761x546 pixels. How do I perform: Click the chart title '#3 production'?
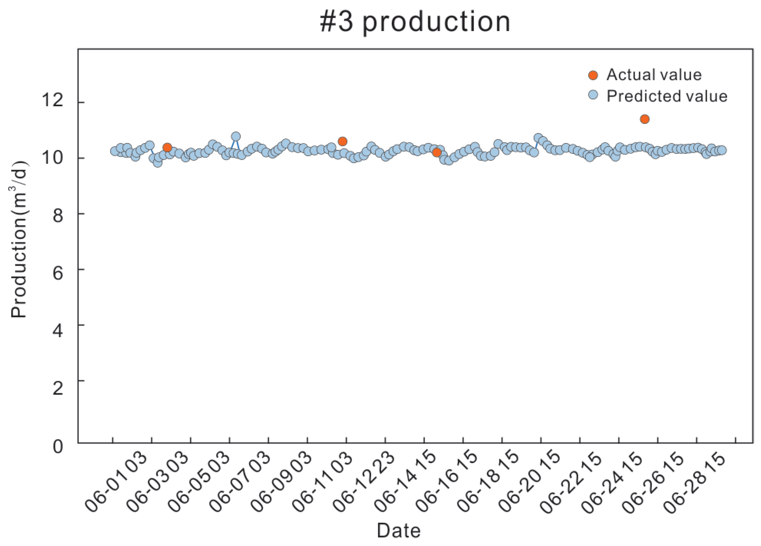pyautogui.click(x=415, y=22)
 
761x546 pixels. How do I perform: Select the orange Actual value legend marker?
pyautogui.click(x=593, y=75)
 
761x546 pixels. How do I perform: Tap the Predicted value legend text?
pyautogui.click(x=667, y=96)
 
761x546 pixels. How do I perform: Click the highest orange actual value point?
pyautogui.click(x=645, y=119)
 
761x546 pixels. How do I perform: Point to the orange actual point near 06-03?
pyautogui.click(x=167, y=147)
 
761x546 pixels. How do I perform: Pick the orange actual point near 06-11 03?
pyautogui.click(x=342, y=141)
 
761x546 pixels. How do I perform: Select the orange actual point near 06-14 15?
pyautogui.click(x=437, y=152)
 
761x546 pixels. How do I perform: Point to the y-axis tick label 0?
pyautogui.click(x=58, y=447)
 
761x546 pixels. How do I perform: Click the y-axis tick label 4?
pyautogui.click(x=58, y=331)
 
